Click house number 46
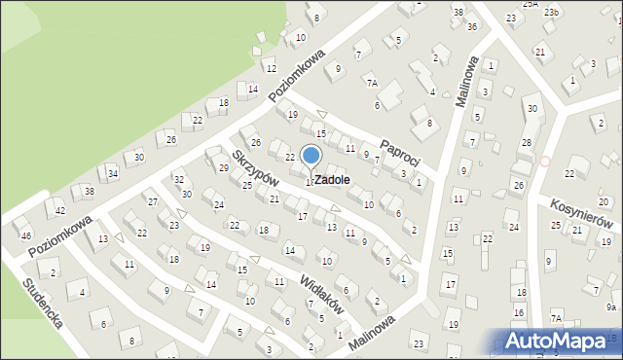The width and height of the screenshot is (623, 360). click(26, 236)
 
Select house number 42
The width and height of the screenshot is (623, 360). click(60, 211)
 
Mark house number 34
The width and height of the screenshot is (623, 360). click(113, 174)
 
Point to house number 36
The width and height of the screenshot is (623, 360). click(472, 26)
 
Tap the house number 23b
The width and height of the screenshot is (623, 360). click(552, 12)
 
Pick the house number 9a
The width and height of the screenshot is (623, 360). click(611, 306)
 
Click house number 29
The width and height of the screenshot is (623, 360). click(223, 168)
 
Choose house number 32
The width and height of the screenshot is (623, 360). click(178, 180)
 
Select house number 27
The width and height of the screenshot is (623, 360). click(153, 201)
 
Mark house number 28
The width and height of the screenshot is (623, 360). click(526, 143)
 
